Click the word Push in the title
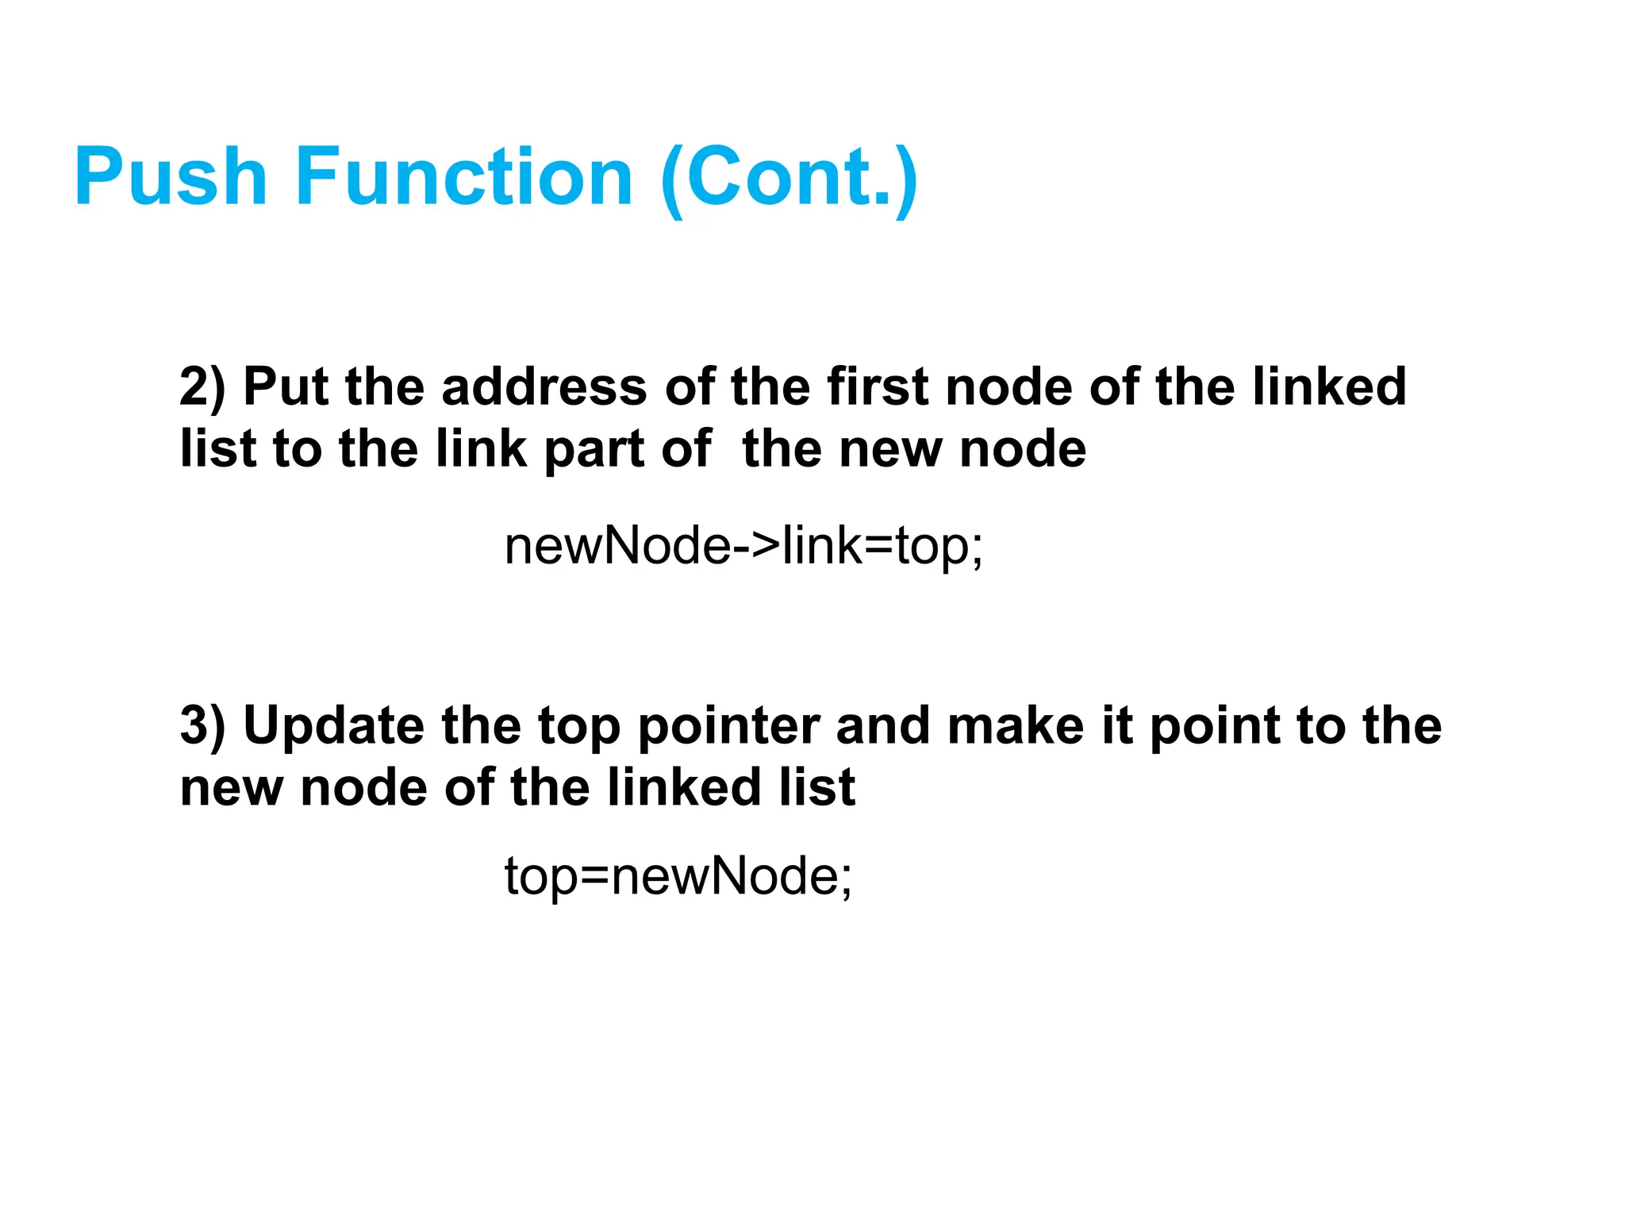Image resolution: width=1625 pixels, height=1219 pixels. pyautogui.click(x=171, y=178)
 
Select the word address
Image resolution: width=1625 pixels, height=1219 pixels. pyautogui.click(x=544, y=387)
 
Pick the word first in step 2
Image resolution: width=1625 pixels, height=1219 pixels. pyautogui.click(x=878, y=387)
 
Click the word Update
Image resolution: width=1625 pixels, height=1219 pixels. pyautogui.click(x=333, y=727)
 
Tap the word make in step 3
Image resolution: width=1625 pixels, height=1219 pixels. pyautogui.click(x=1015, y=725)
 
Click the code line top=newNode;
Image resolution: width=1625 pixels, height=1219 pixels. pyautogui.click(x=678, y=876)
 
